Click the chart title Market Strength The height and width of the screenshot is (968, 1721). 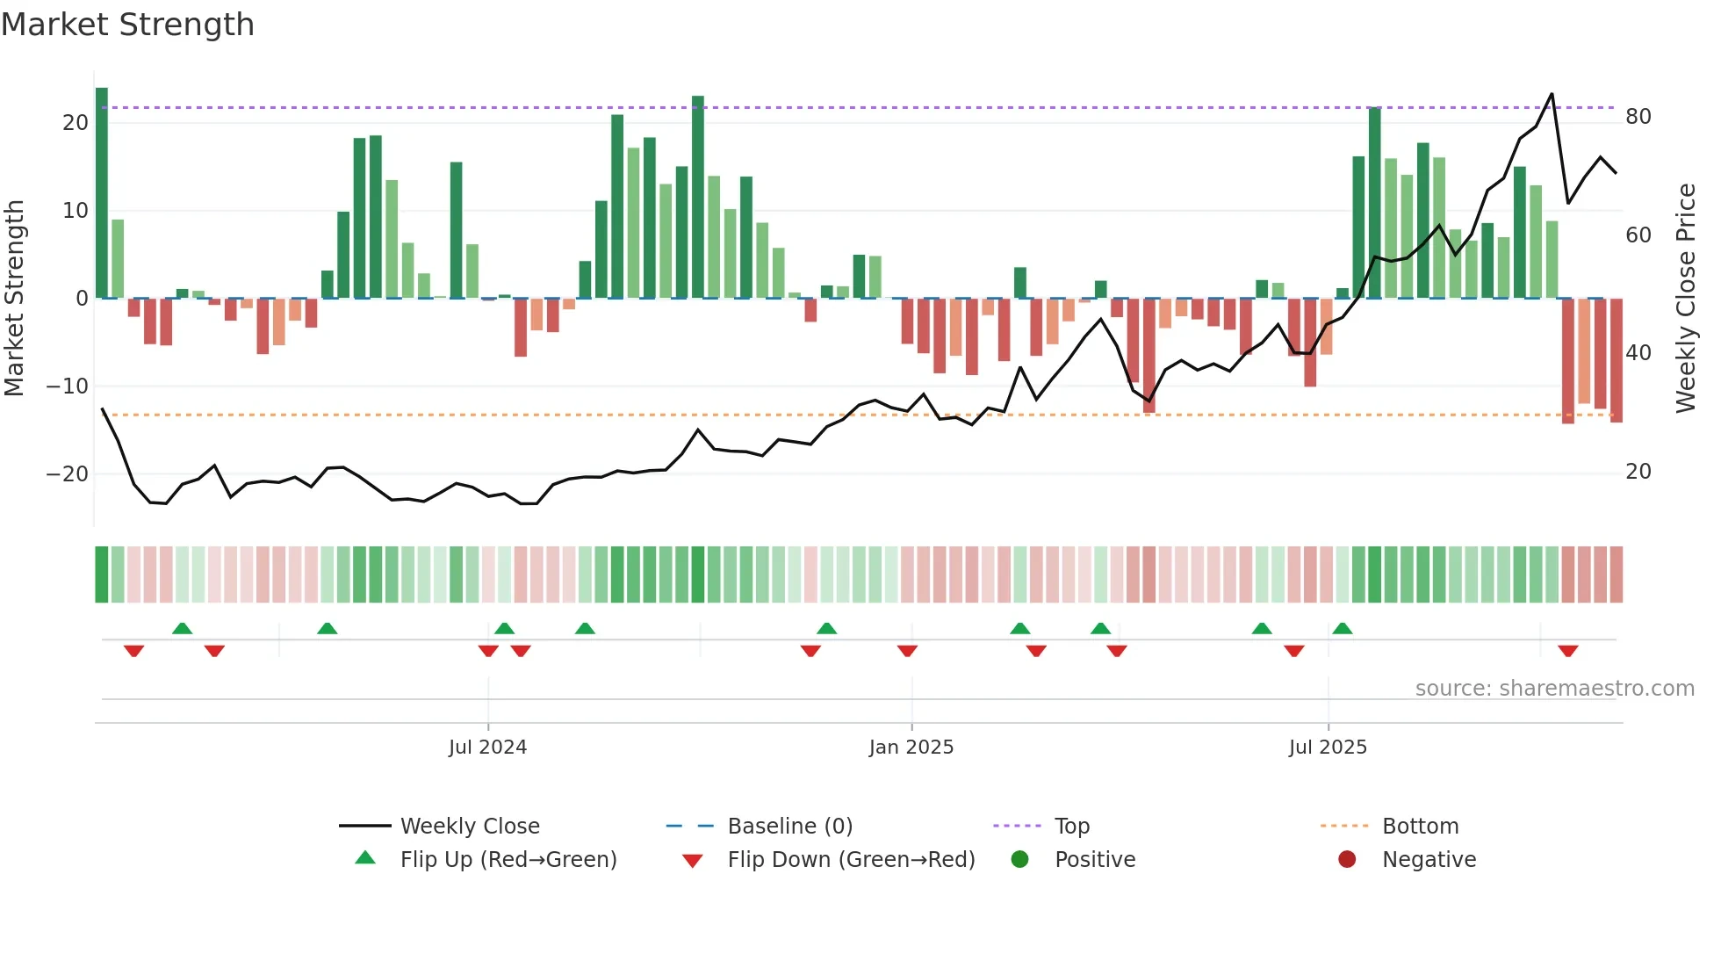128,25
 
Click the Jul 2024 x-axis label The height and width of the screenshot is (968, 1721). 487,748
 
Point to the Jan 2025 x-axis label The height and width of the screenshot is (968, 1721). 911,748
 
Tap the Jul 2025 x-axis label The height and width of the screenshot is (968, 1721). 1327,748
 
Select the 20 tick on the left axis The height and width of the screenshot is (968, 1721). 76,123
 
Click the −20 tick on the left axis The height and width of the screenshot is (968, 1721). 68,474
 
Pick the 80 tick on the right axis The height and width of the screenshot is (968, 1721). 1638,117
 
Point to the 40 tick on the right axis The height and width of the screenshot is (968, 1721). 1638,353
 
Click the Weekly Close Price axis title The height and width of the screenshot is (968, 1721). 1685,299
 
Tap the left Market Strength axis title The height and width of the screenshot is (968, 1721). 15,299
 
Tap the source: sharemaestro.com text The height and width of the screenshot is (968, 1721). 1554,689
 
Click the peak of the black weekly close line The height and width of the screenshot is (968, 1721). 1552,94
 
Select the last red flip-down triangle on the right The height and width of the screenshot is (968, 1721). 1568,651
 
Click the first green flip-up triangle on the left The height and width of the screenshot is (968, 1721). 182,628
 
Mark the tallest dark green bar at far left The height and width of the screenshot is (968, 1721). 102,193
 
